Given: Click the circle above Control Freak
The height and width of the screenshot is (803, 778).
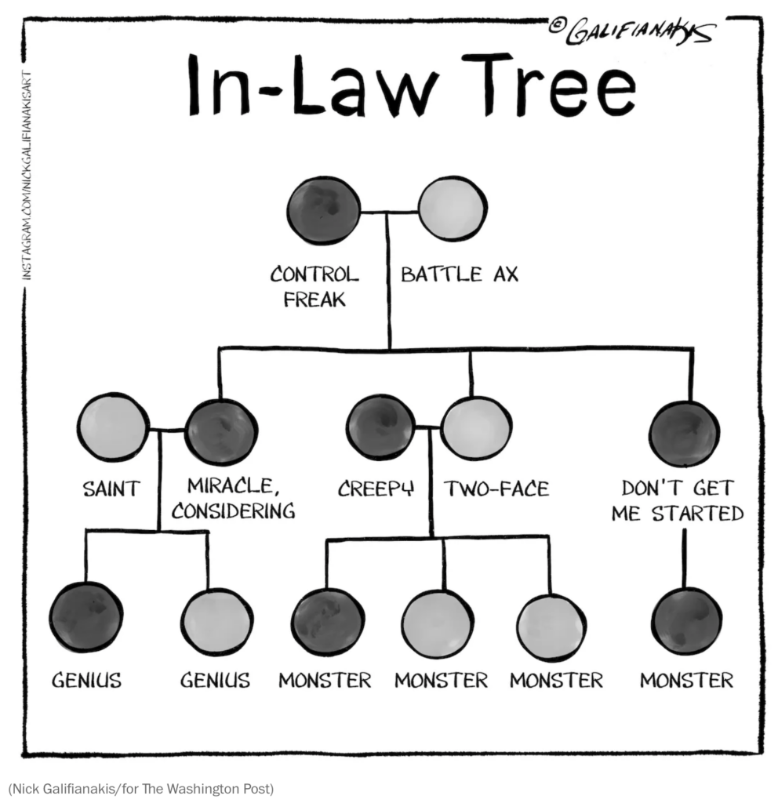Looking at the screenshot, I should tap(324, 210).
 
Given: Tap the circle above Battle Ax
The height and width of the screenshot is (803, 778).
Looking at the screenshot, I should tap(450, 209).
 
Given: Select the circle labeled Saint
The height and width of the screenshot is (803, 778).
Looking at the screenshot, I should tap(113, 427).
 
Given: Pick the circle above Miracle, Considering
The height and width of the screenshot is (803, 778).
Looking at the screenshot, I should tap(220, 431).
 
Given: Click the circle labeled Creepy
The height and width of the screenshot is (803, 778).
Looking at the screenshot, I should tap(380, 427).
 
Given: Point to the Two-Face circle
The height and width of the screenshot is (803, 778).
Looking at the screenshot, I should tap(475, 427).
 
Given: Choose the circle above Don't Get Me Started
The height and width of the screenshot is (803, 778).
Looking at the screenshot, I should tap(684, 433).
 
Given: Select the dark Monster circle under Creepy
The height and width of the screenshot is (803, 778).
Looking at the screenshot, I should tap(327, 621).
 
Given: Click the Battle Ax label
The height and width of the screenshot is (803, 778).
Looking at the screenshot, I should tap(460, 274).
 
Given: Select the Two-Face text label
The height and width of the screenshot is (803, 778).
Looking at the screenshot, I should tap(496, 489).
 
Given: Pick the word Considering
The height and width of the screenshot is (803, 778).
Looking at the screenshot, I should tap(234, 512).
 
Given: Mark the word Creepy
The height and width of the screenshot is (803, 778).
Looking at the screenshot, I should tap(376, 489).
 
